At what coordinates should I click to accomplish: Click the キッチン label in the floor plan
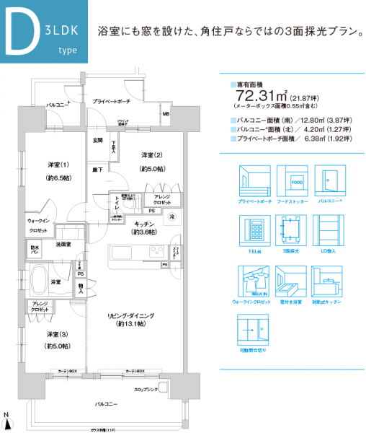click(x=146, y=224)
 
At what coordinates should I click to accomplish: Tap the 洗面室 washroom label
click(x=64, y=245)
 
